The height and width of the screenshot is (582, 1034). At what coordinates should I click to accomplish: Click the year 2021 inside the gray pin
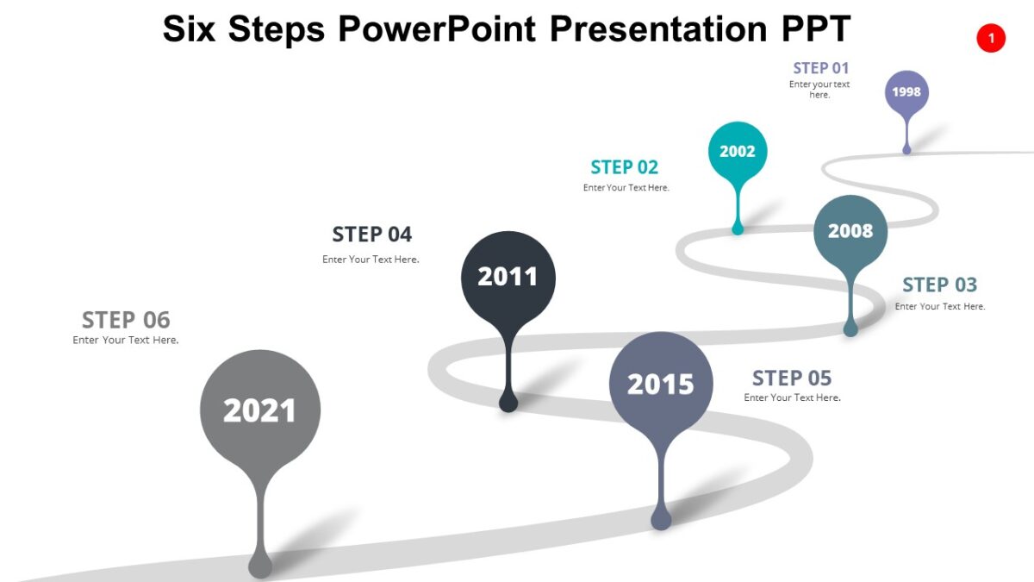(x=259, y=410)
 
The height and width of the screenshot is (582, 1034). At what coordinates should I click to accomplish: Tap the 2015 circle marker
(x=661, y=384)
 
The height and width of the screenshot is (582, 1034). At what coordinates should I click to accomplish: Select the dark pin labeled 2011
(x=508, y=277)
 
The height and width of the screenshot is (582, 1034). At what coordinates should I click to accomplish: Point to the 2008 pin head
(x=850, y=231)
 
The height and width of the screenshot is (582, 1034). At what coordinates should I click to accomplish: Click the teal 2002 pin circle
(x=738, y=152)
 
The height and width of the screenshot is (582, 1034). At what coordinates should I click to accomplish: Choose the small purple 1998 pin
(x=906, y=92)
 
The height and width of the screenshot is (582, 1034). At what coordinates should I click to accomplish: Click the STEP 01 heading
(x=821, y=68)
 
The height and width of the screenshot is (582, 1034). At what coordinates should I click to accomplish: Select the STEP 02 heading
(x=625, y=167)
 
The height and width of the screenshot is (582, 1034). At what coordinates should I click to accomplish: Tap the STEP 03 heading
(x=939, y=285)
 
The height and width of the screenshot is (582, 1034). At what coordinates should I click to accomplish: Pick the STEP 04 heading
(x=372, y=235)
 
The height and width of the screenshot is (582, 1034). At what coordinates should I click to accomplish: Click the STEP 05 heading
(x=792, y=378)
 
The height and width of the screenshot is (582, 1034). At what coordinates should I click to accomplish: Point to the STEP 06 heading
(x=126, y=320)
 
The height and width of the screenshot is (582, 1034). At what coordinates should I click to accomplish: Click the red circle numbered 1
(x=991, y=38)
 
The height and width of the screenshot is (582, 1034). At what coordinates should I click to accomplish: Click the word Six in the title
(x=190, y=28)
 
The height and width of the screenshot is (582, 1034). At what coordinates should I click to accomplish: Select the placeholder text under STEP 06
(x=126, y=341)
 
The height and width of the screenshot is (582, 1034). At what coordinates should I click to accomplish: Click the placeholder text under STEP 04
(x=371, y=260)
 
